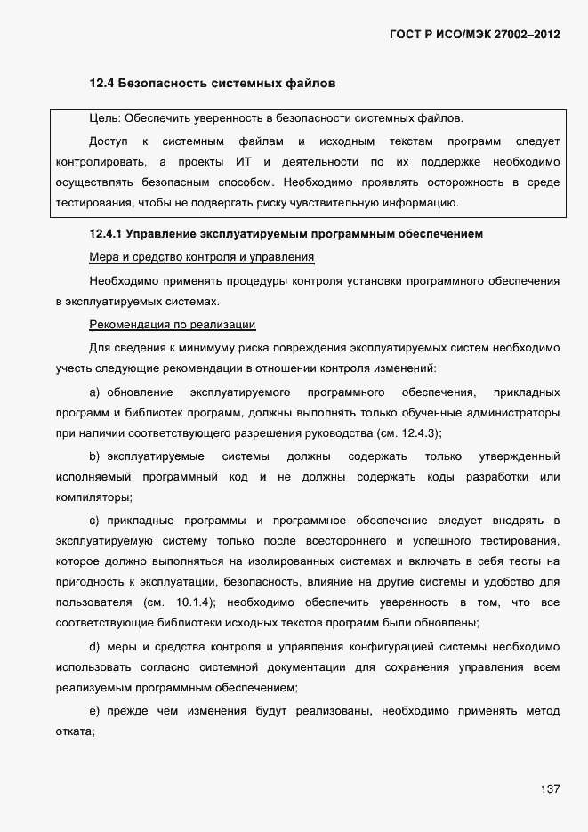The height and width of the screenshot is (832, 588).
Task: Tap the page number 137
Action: click(550, 788)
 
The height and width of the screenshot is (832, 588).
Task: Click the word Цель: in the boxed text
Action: click(106, 117)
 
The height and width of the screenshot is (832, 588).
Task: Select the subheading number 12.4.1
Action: click(107, 235)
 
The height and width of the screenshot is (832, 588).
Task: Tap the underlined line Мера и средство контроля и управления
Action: click(202, 258)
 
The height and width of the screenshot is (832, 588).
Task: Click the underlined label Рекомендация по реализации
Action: click(173, 324)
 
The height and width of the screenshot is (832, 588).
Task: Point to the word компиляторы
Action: click(92, 497)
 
